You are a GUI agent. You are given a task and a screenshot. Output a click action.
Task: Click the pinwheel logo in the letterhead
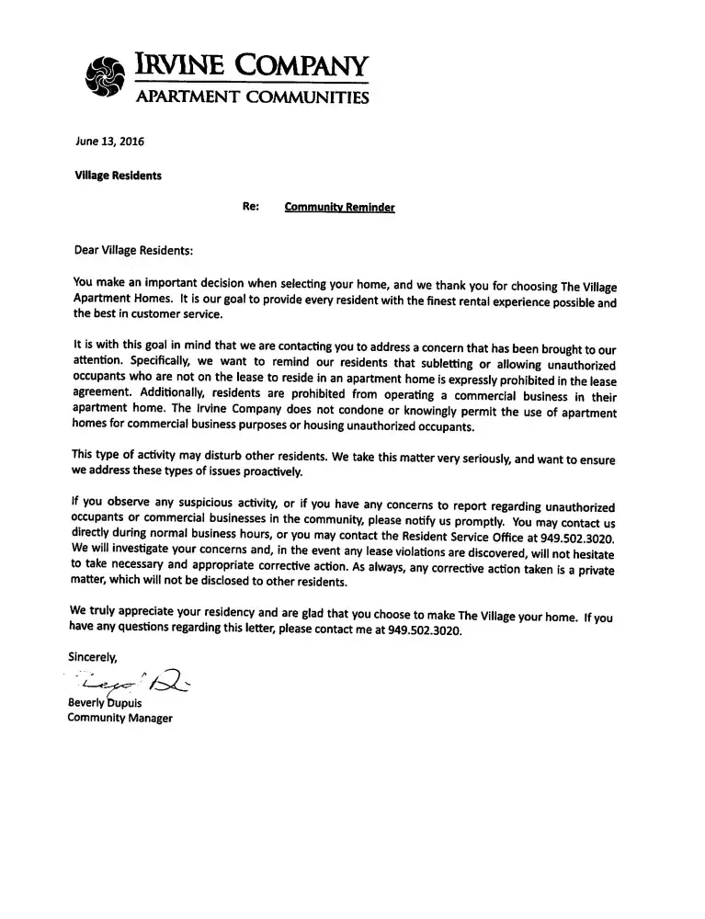click(102, 75)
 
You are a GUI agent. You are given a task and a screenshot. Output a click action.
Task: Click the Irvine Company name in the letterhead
click(251, 66)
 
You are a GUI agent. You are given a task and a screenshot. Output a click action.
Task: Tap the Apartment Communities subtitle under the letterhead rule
click(252, 96)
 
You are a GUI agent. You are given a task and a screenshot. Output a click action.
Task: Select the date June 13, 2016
click(109, 142)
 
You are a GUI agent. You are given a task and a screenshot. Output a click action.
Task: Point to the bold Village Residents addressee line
click(118, 176)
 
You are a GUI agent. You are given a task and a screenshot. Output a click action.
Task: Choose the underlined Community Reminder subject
click(339, 207)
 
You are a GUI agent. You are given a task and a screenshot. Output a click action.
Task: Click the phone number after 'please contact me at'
click(415, 631)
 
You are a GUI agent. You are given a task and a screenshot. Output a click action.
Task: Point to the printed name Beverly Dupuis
click(104, 703)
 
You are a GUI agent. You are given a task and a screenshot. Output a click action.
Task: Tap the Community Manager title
click(119, 718)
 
